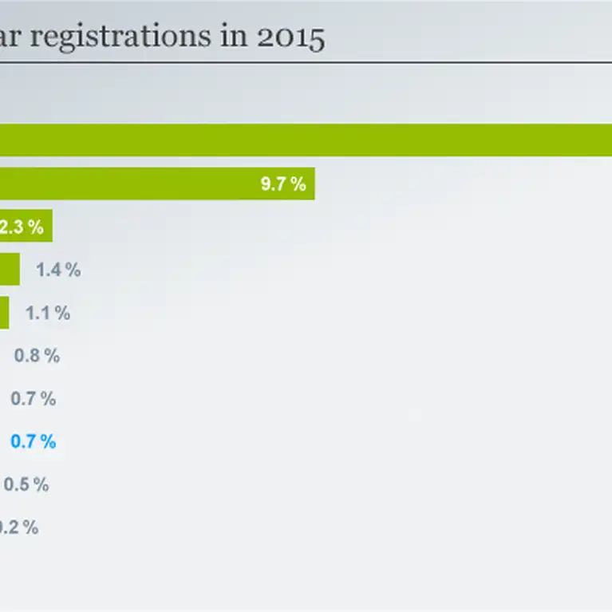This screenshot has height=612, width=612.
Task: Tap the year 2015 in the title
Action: click(x=292, y=38)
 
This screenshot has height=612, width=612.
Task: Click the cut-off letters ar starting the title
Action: click(x=11, y=38)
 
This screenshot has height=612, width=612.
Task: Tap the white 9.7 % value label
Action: click(x=283, y=184)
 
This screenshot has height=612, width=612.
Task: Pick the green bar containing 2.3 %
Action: click(x=26, y=227)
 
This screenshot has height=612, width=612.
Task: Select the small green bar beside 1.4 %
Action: click(x=10, y=270)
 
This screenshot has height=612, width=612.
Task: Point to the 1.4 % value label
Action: click(x=58, y=270)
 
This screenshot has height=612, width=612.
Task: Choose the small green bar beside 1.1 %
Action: click(x=4, y=313)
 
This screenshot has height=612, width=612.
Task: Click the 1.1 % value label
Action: click(x=48, y=313)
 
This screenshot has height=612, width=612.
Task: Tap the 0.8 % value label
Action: click(x=37, y=356)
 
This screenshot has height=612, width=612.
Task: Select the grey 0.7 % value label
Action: click(x=33, y=398)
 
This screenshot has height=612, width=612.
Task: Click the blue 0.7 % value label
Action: click(x=33, y=441)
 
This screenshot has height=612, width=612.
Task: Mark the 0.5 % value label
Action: click(x=26, y=484)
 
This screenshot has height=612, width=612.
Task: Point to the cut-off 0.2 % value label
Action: click(x=18, y=527)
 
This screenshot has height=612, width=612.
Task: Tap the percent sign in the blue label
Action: click(x=49, y=441)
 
